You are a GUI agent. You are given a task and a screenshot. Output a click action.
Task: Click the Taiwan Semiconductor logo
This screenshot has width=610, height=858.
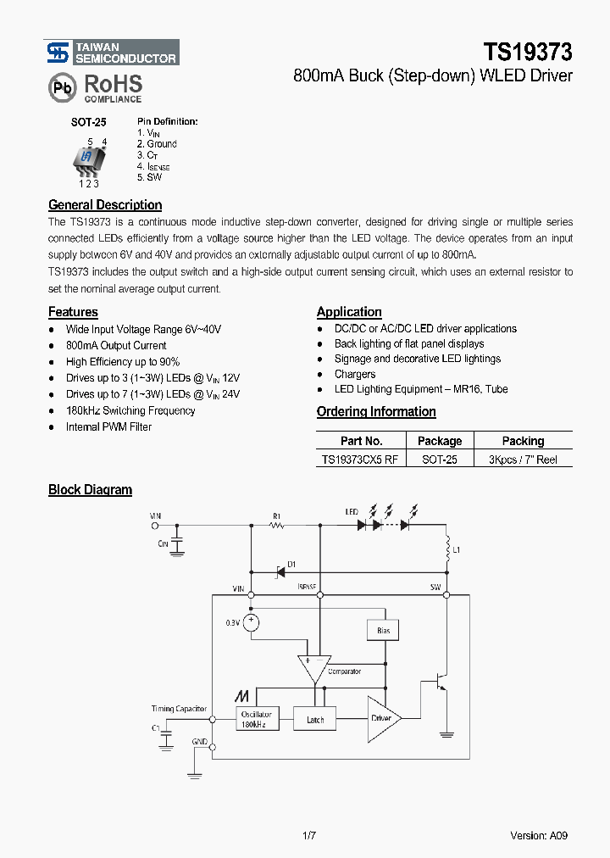coord(112,53)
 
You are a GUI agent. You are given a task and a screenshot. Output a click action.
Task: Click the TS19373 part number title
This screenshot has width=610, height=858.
coord(528,53)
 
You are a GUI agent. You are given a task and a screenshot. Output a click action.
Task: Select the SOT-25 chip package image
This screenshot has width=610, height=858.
coord(87,159)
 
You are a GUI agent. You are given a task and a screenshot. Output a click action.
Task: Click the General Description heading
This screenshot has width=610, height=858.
coord(105,205)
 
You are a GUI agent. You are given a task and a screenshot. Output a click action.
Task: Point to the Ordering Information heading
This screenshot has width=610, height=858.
coord(376,412)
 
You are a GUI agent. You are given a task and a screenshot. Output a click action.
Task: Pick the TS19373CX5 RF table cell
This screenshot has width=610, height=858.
coord(360,460)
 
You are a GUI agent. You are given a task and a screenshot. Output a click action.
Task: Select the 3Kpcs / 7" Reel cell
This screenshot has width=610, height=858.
coord(523,460)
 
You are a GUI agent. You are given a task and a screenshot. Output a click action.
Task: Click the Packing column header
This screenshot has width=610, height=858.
coord(523,441)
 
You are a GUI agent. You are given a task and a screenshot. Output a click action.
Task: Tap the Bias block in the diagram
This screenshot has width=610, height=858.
coord(382,630)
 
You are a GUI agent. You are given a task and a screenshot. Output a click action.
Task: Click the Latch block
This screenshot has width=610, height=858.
coord(315,720)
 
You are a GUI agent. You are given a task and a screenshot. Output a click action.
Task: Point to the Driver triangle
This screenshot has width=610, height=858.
coord(382,718)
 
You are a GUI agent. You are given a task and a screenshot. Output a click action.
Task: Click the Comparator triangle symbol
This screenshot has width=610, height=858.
coord(313,667)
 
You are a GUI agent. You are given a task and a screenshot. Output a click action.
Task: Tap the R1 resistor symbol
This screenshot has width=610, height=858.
coord(276,526)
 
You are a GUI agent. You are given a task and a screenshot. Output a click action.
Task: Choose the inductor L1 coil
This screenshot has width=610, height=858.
coord(446,551)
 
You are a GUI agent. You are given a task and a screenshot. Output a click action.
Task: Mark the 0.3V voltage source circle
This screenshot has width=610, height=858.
coord(251,622)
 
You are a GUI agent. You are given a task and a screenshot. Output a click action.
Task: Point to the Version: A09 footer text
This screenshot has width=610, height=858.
coord(538,835)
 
